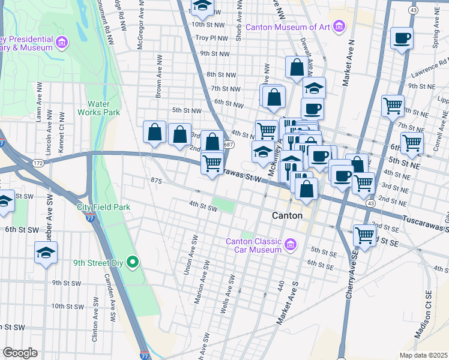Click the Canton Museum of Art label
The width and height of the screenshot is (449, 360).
(x=288, y=26)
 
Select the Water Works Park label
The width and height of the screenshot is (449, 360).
(x=103, y=108)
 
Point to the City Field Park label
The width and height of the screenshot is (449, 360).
(x=103, y=207)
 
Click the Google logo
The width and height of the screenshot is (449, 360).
(x=20, y=353)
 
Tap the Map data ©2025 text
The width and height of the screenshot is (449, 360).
(x=423, y=355)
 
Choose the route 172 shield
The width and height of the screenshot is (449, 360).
(x=38, y=163)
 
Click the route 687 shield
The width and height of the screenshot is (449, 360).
(x=228, y=145)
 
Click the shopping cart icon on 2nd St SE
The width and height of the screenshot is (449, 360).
(x=364, y=235)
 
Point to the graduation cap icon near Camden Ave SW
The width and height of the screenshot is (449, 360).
(x=46, y=253)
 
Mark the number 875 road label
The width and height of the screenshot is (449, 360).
(x=157, y=180)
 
